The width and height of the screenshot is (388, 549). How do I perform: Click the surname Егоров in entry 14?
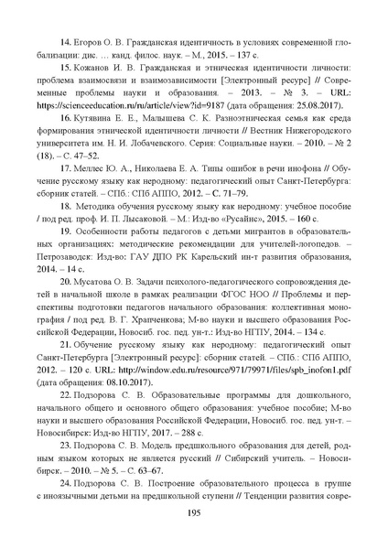point(92,44)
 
